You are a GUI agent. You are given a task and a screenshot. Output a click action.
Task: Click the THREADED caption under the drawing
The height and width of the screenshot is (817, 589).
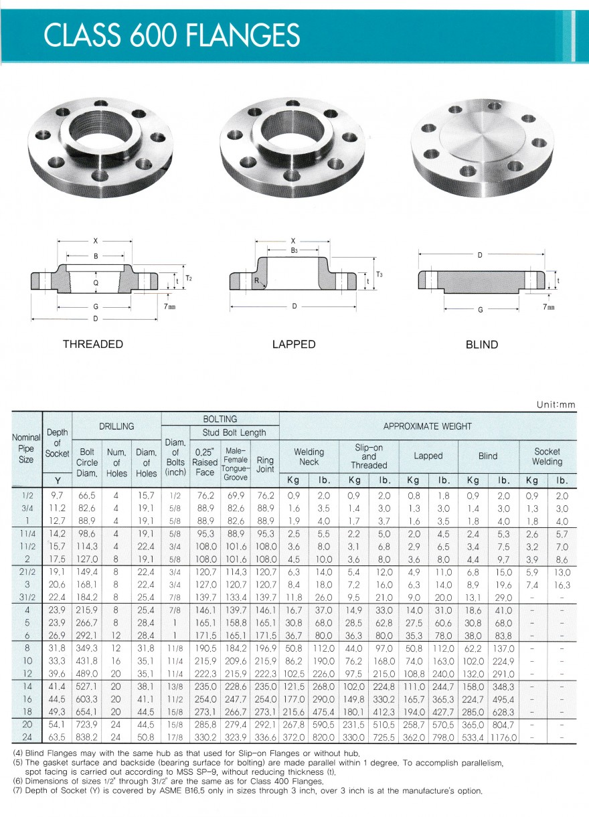(x=93, y=344)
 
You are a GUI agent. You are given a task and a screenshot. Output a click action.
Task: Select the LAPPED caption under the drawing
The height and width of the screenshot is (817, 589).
(x=294, y=344)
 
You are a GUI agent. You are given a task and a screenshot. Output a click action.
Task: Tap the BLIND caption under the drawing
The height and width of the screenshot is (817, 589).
(x=482, y=345)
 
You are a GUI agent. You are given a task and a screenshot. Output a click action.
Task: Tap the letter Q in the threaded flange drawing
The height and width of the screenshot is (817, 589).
(x=96, y=282)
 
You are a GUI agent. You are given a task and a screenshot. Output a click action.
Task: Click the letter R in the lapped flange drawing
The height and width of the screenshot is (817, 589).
(x=256, y=281)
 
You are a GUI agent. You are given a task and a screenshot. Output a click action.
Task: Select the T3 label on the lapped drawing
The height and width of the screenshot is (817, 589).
(x=379, y=274)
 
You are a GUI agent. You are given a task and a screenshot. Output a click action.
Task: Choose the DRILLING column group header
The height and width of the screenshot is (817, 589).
(x=116, y=426)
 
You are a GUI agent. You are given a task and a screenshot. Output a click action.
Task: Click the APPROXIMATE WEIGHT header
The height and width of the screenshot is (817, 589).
(x=428, y=426)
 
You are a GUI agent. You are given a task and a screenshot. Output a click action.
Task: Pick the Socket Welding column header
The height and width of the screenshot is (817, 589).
(x=547, y=456)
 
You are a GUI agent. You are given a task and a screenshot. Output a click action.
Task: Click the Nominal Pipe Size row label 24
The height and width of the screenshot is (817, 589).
(x=26, y=737)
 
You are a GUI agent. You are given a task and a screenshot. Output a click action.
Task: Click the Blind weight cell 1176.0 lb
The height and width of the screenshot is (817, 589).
(x=503, y=737)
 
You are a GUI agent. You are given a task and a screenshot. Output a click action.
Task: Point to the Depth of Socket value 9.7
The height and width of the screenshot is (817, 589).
(x=57, y=495)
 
